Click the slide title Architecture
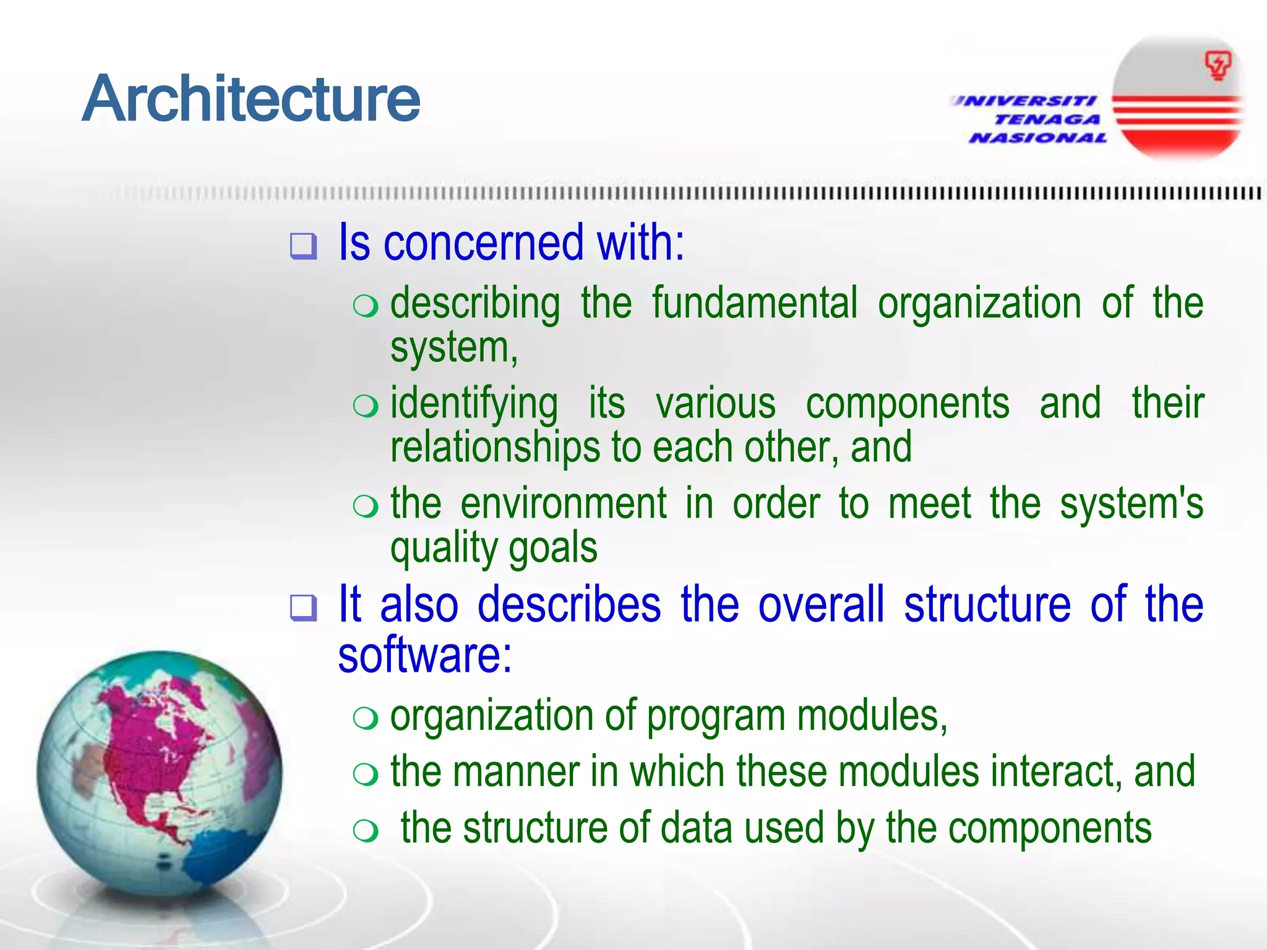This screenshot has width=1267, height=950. (251, 99)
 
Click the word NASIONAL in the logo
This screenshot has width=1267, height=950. (1038, 138)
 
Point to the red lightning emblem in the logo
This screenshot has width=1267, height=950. (1218, 66)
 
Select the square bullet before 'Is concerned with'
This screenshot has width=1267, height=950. (303, 246)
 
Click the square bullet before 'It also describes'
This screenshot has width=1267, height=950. (303, 607)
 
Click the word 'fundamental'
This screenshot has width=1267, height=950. (755, 303)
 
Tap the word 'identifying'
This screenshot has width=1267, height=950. (474, 404)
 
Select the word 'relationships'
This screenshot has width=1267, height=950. (495, 447)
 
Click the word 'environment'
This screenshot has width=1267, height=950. (564, 503)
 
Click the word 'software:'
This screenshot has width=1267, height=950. (425, 656)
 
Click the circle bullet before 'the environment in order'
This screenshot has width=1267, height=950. (365, 507)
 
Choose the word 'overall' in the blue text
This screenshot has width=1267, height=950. (821, 604)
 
